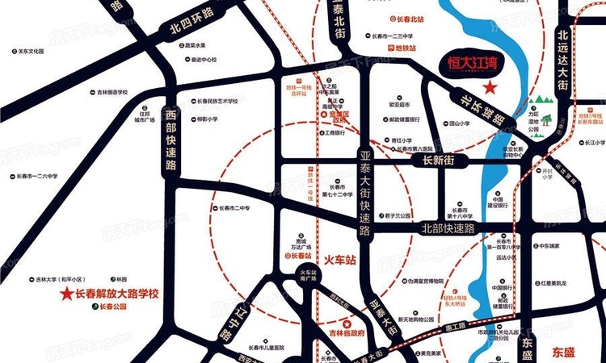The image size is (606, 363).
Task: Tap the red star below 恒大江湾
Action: click(x=489, y=87)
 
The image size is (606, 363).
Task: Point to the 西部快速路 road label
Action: click(x=170, y=142)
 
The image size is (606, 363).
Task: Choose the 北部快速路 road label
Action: click(x=448, y=228)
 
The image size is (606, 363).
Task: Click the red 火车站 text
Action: click(x=339, y=261)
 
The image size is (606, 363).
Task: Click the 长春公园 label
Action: click(x=113, y=307)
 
